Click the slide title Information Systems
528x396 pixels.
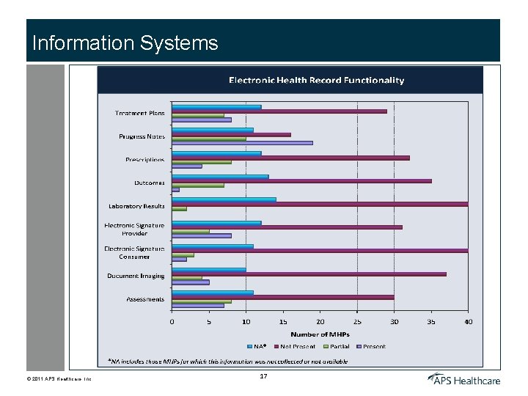pos(125,43)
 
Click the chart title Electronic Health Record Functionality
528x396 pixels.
pos(316,80)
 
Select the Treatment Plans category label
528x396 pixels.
pos(139,113)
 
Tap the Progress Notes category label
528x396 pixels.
pos(142,136)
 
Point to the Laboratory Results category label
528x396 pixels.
pos(136,206)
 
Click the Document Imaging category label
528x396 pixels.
pos(136,276)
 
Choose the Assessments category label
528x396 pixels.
pos(145,299)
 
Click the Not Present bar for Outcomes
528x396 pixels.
pos(301,180)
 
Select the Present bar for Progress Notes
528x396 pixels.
pos(242,142)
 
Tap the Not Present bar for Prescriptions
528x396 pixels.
pos(290,158)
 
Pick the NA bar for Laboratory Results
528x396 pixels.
pos(224,199)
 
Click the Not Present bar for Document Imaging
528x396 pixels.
pos(309,274)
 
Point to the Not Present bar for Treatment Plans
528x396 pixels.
pos(279,111)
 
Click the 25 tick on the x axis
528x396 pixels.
pos(357,321)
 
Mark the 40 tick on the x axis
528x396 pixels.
pos(468,321)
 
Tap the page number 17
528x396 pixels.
pos(264,376)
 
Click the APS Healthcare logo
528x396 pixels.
pos(464,379)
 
